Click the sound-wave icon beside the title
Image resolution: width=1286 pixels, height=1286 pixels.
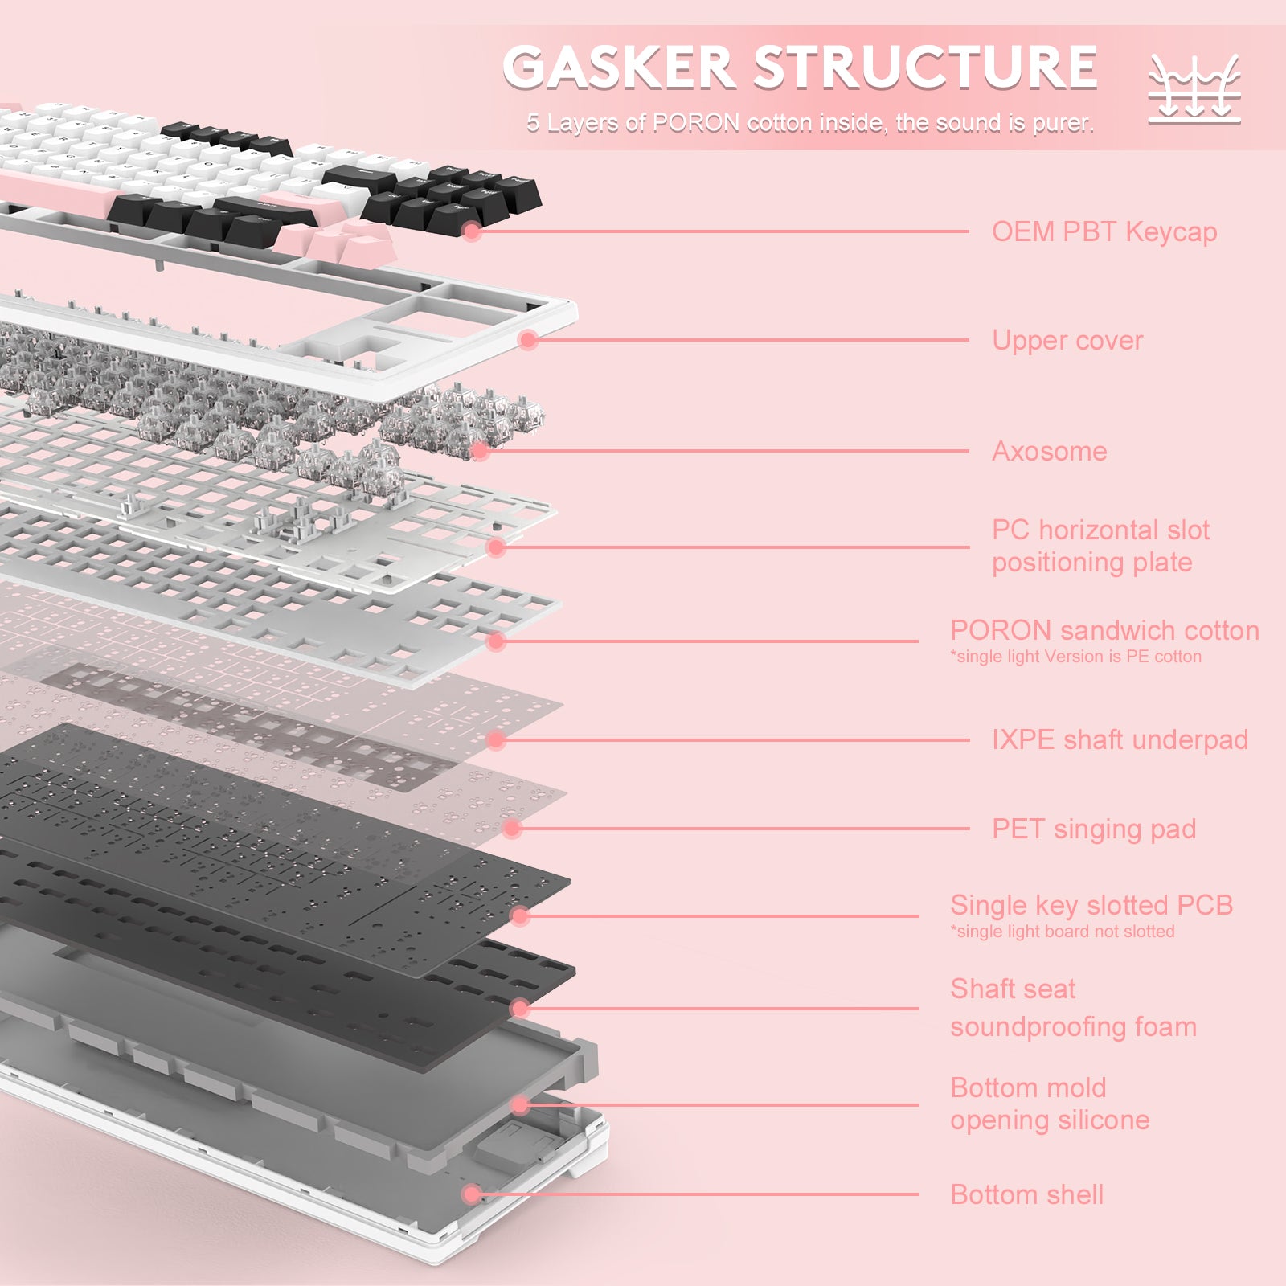pos(1194,89)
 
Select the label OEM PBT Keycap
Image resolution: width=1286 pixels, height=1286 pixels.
pos(1104,232)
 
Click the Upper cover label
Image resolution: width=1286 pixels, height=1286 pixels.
pos(1067,341)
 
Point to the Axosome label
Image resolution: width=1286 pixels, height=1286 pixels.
pos(1049,452)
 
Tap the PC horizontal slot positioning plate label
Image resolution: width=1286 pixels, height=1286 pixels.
pos(1100,547)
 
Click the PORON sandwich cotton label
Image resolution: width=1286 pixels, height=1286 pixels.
pos(1104,631)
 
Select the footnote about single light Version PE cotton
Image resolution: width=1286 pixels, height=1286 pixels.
pos(1075,657)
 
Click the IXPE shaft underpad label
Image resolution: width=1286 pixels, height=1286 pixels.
pos(1119,740)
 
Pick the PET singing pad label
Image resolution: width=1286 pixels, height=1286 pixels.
pos(1093,829)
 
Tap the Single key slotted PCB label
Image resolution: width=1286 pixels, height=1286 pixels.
pos(1091,906)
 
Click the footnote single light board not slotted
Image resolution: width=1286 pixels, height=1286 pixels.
pos(1062,932)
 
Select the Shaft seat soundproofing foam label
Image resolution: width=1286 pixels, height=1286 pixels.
pos(1073,1008)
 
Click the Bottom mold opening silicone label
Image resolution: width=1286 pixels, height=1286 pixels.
pos(1049,1104)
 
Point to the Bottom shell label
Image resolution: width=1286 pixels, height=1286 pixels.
pos(1026,1195)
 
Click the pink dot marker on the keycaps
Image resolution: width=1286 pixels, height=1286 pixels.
pos(473,232)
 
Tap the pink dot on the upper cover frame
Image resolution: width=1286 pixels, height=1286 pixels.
pos(528,340)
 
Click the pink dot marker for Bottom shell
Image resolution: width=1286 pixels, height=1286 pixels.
pos(473,1194)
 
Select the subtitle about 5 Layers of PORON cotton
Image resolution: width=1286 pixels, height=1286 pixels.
pos(809,123)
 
